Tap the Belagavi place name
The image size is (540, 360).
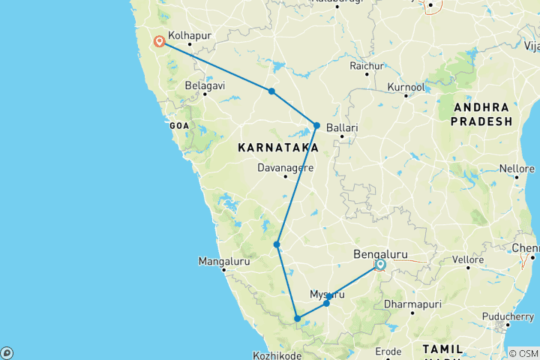pyautogui.click(x=205, y=85)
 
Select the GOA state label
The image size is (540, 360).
pyautogui.click(x=181, y=125)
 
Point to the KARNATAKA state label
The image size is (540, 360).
pyautogui.click(x=274, y=148)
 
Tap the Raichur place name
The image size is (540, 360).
pyautogui.click(x=368, y=64)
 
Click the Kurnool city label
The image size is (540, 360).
pyautogui.click(x=406, y=87)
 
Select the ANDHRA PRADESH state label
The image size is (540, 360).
pyautogui.click(x=481, y=114)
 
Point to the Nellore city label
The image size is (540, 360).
pyautogui.click(x=517, y=168)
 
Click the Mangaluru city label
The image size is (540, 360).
pyautogui.click(x=223, y=261)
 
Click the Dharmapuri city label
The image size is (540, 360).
pyautogui.click(x=412, y=304)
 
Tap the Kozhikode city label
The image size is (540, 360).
pyautogui.click(x=277, y=355)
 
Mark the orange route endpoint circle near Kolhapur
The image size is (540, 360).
pyautogui.click(x=159, y=42)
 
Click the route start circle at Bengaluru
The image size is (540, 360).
pyautogui.click(x=380, y=265)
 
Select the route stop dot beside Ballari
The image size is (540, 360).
pyautogui.click(x=317, y=125)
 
